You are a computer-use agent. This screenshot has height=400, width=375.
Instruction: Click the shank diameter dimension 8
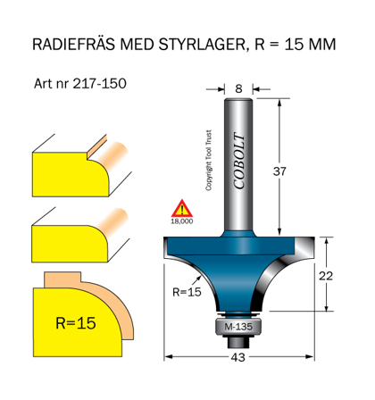[238, 88]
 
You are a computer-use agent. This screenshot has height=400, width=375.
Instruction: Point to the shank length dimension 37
[280, 171]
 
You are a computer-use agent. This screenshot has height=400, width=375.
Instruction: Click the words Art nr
[48, 84]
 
